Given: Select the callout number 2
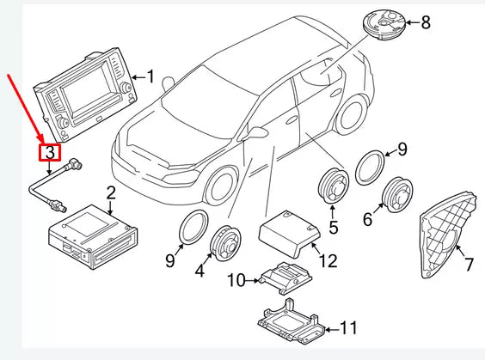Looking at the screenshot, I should point(111,192).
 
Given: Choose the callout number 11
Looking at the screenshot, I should point(347,327).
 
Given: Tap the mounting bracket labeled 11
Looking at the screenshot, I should point(292,319).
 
